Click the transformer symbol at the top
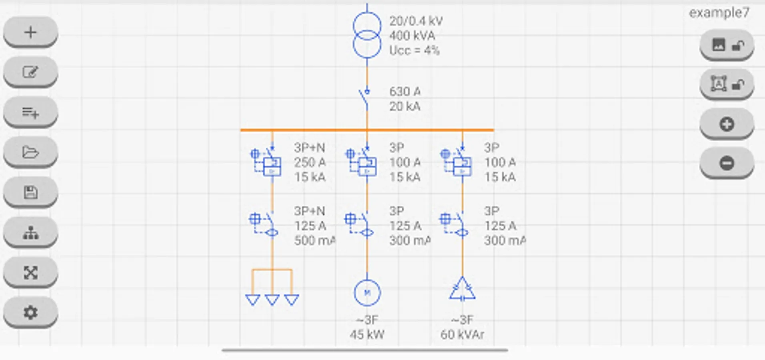367,35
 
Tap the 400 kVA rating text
412,36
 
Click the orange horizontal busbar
367,130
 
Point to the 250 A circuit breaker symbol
266,162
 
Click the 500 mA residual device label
315,240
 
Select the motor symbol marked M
367,292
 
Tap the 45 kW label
367,334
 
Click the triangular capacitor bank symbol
462,289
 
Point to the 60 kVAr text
462,334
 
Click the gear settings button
30,312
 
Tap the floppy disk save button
30,192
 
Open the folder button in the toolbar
30,152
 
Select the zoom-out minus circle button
727,163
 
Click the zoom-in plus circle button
727,124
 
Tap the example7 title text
719,13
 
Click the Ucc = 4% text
415,50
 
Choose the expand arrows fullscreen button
30,272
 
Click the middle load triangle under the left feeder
272,300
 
